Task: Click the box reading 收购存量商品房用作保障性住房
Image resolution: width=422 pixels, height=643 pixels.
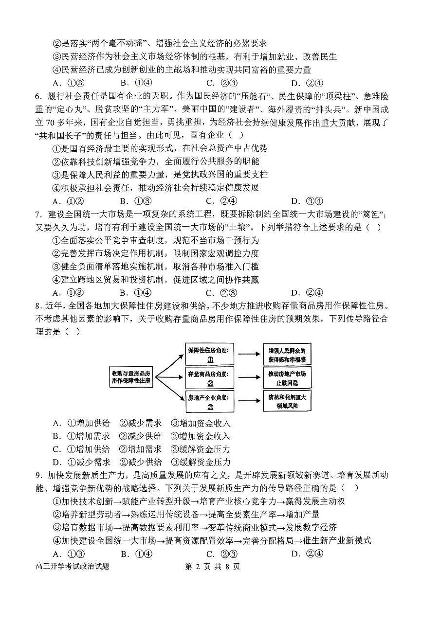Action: (x=131, y=377)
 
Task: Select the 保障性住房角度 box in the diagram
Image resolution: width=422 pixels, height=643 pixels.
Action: (x=210, y=355)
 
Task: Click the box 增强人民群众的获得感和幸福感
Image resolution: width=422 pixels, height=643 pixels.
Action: (x=287, y=355)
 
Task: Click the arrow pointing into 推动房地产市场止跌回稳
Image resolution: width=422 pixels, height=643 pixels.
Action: (x=249, y=377)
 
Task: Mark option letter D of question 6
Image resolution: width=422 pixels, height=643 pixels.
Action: (x=294, y=201)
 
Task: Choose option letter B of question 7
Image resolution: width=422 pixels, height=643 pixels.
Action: (x=124, y=292)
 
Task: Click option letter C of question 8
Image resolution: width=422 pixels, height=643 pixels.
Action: (x=56, y=449)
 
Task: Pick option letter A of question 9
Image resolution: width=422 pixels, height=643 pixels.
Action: (x=56, y=554)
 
